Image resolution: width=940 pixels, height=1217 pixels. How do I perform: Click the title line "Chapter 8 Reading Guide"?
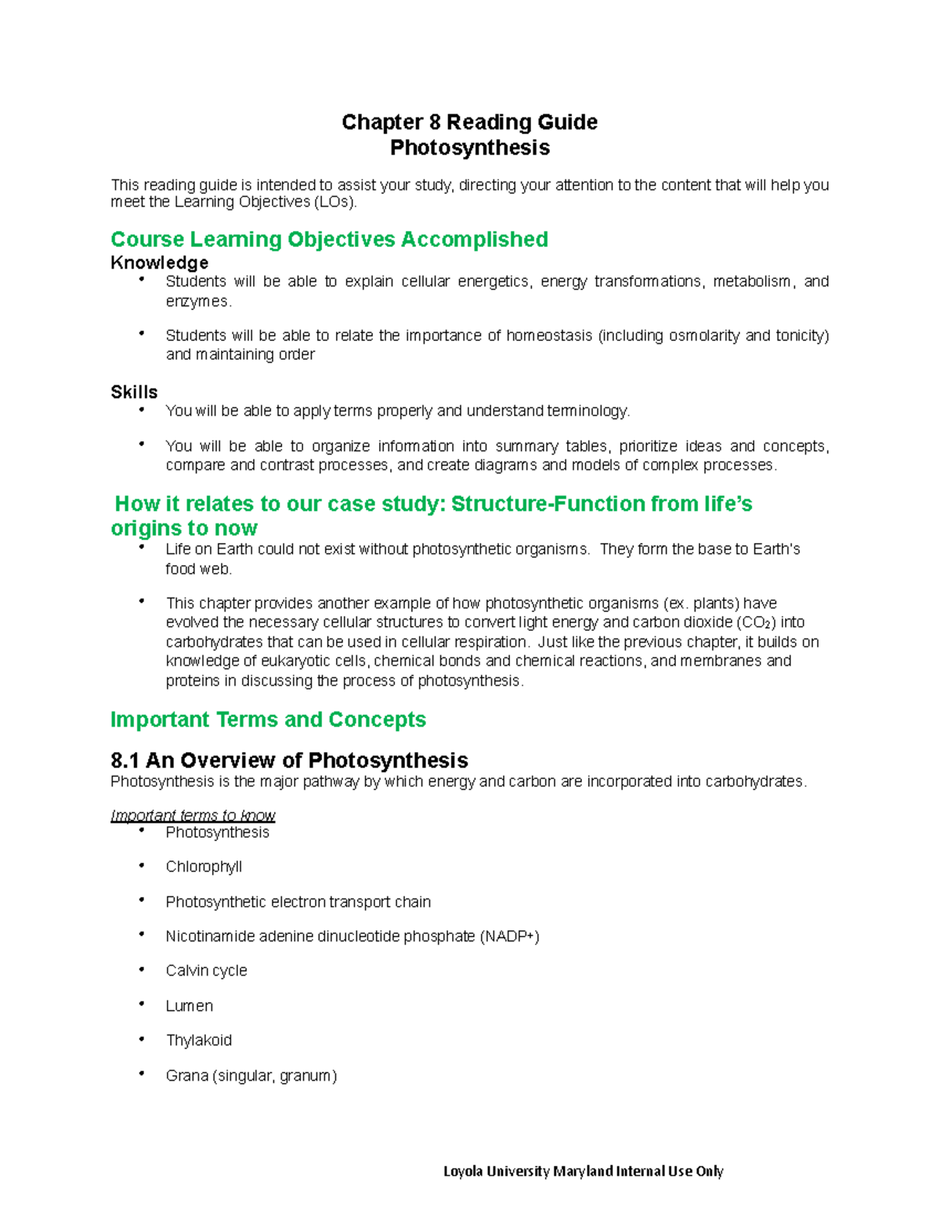pyautogui.click(x=469, y=122)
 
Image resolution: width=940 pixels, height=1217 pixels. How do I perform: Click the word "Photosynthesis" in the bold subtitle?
pyautogui.click(x=469, y=148)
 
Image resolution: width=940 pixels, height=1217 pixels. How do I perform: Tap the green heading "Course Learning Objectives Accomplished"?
pyautogui.click(x=329, y=239)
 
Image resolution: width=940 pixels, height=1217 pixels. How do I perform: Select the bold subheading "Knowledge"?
pyautogui.click(x=159, y=263)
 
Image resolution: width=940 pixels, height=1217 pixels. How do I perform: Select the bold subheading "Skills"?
pyautogui.click(x=134, y=392)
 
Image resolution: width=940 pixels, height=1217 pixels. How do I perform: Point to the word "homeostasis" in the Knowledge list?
pyautogui.click(x=549, y=335)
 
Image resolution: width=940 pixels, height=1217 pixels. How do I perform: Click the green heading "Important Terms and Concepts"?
pyautogui.click(x=268, y=719)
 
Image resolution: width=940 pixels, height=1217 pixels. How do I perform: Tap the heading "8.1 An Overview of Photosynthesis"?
pyautogui.click(x=289, y=760)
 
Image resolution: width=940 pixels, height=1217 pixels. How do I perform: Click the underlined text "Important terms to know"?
pyautogui.click(x=193, y=815)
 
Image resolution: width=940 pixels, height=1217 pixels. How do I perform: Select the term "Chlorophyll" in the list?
pyautogui.click(x=204, y=867)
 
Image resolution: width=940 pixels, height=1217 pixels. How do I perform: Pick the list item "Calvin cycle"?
pyautogui.click(x=206, y=971)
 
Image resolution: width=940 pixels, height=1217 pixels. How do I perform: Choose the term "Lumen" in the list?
pyautogui.click(x=189, y=1005)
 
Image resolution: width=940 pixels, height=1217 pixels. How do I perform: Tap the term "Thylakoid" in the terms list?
pyautogui.click(x=198, y=1041)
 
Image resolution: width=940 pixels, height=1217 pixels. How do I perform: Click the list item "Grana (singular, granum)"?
pyautogui.click(x=251, y=1076)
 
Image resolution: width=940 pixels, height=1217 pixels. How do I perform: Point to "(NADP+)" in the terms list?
pyautogui.click(x=509, y=936)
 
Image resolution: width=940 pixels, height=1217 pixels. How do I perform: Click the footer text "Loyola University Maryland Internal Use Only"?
pyautogui.click(x=583, y=1172)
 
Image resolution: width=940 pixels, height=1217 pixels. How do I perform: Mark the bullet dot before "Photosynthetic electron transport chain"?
pyautogui.click(x=142, y=900)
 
